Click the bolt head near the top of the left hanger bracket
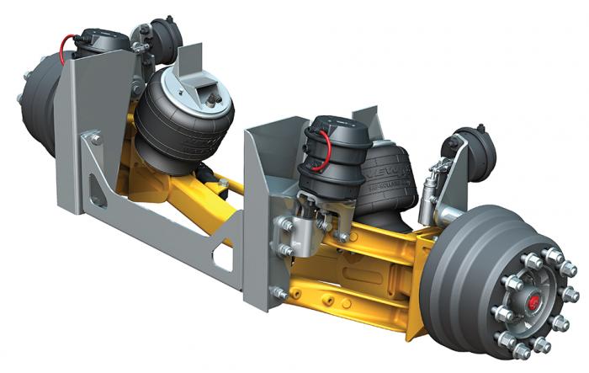(88, 136)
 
